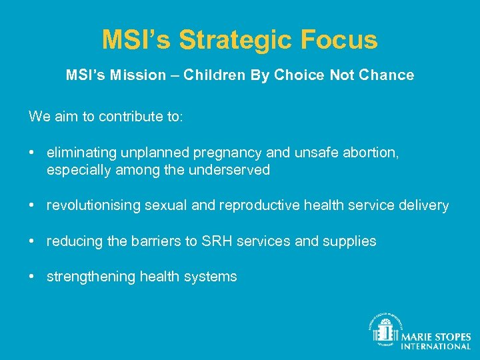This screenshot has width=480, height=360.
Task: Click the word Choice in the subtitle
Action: pyautogui.click(x=299, y=75)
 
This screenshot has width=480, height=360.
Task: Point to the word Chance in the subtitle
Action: pyautogui.click(x=387, y=75)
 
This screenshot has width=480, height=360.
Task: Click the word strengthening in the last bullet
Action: pyautogui.click(x=91, y=277)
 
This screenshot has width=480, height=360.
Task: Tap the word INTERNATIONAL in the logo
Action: pyautogui.click(x=435, y=347)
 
